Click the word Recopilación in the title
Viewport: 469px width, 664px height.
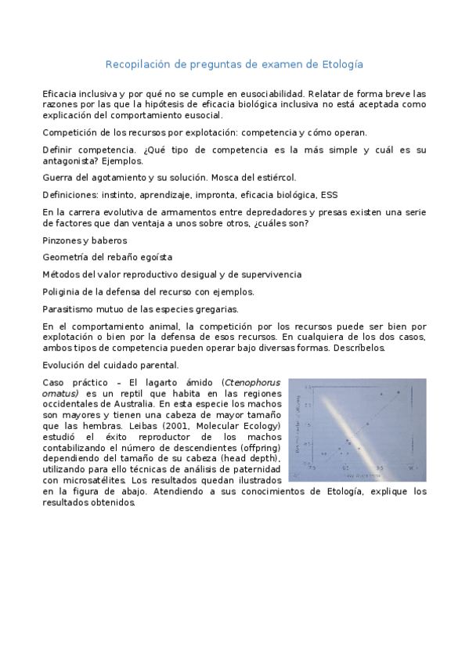138,63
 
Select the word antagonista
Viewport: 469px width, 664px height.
69,161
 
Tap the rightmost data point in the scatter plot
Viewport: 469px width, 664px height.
399,392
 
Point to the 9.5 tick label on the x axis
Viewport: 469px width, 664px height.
379,467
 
